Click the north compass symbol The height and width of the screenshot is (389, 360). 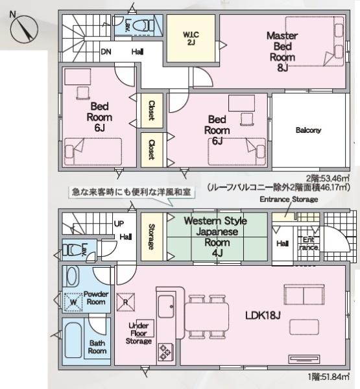point(24,29)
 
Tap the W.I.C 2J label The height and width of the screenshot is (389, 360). point(191,38)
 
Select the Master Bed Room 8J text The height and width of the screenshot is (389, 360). point(282,52)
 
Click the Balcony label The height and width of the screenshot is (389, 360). point(308,130)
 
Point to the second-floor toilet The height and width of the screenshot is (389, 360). point(144,25)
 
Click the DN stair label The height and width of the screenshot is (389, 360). point(106,52)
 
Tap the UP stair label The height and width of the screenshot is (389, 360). point(119,224)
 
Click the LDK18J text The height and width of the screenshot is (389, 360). point(263,316)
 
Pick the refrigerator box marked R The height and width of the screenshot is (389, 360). point(126,302)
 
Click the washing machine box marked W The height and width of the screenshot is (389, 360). point(73,302)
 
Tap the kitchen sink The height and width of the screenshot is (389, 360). point(166,307)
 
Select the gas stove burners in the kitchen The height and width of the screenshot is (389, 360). point(165,351)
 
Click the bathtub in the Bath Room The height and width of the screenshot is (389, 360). point(73,340)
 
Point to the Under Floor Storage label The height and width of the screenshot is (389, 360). point(139,333)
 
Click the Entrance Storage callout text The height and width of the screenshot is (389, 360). point(289,199)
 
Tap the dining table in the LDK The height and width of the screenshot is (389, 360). point(207,317)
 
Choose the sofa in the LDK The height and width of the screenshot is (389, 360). point(304,295)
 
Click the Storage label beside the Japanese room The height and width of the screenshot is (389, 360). point(151,237)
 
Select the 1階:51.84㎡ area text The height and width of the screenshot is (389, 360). point(328,377)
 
